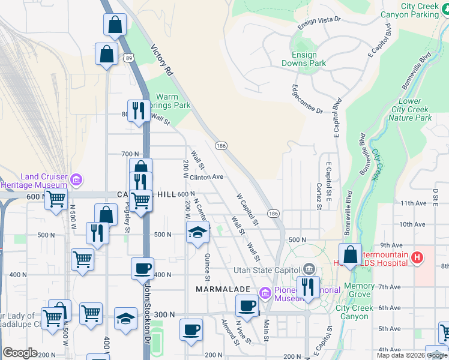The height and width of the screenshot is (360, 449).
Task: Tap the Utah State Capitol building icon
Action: [309, 268]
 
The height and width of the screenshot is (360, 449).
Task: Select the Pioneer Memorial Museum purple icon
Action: [265, 292]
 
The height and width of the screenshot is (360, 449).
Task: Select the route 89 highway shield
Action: [130, 58]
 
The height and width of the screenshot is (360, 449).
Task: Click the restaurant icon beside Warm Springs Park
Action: [139, 110]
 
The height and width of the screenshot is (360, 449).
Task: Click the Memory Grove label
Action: [359, 290]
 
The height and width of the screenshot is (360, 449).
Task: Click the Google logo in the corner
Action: [20, 353]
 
